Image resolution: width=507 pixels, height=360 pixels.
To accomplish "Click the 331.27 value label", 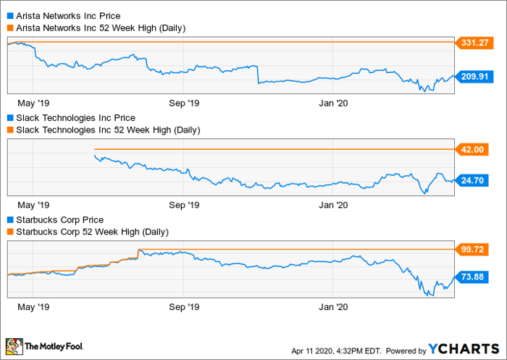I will (474, 43).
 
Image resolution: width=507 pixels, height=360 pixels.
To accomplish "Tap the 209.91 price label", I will (474, 75).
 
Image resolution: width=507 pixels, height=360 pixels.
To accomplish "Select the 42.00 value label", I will (474, 149).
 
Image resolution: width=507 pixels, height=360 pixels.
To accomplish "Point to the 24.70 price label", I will (474, 180).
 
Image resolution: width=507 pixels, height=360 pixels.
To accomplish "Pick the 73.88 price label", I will (474, 276).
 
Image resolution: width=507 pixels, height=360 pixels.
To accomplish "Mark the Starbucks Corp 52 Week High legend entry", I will (91, 232).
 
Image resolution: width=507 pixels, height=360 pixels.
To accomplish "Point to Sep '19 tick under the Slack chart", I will (183, 205).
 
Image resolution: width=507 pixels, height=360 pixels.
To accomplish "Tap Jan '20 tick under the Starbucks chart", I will (333, 307).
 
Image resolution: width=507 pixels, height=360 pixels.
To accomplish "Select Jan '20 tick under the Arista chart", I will (333, 103).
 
